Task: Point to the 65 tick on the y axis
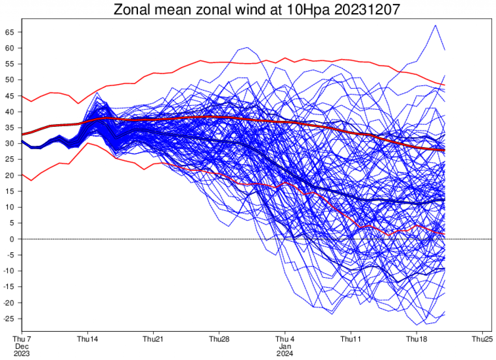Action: pyautogui.click(x=10, y=32)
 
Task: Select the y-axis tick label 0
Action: pyautogui.click(x=12, y=239)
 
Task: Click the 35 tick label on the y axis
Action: pyautogui.click(x=10, y=127)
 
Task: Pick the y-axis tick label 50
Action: pyautogui.click(x=10, y=80)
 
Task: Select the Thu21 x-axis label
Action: pyautogui.click(x=153, y=339)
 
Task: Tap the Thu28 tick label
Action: pyautogui.click(x=219, y=339)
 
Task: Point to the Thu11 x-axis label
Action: pyautogui.click(x=351, y=339)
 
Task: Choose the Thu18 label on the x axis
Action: pyautogui.click(x=417, y=339)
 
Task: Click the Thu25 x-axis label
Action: pyautogui.click(x=482, y=339)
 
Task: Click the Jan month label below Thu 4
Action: pyautogui.click(x=285, y=346)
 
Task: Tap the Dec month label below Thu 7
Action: pyautogui.click(x=22, y=346)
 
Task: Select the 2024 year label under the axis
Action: pyautogui.click(x=285, y=353)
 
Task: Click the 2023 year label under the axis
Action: pyautogui.click(x=22, y=353)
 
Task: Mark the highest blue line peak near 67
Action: pyautogui.click(x=436, y=25)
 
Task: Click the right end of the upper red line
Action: pyautogui.click(x=444, y=85)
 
